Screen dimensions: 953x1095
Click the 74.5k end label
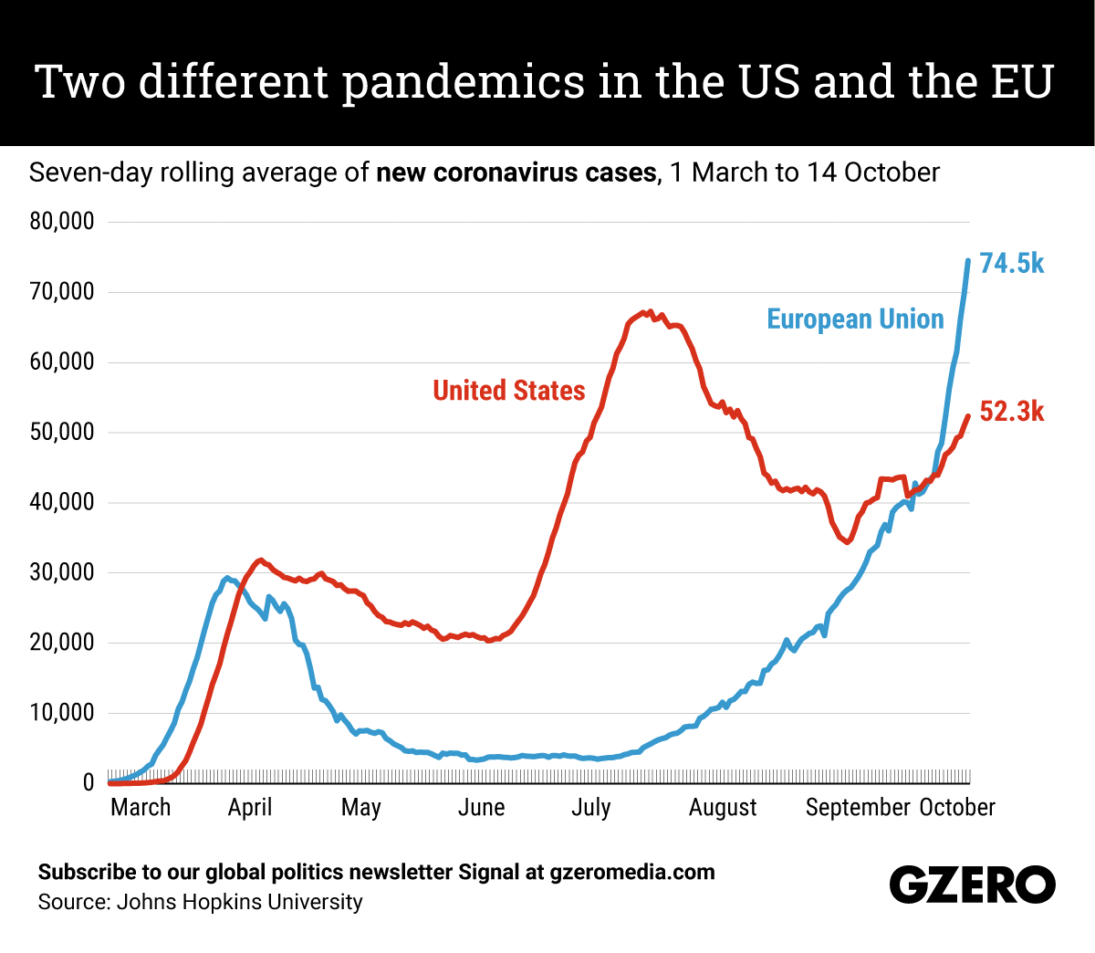tap(1011, 264)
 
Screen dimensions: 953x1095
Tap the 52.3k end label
tap(1011, 412)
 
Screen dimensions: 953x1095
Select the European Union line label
tap(855, 319)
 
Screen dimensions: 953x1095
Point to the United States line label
tap(508, 391)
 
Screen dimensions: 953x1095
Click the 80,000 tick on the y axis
tap(62, 222)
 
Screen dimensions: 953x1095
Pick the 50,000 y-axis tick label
tap(62, 432)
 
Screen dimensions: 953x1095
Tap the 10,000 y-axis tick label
tap(62, 713)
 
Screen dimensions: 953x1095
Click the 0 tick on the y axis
tap(89, 782)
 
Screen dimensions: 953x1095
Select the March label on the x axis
tap(141, 808)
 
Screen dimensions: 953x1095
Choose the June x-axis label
tap(481, 808)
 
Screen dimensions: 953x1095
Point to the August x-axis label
tap(723, 808)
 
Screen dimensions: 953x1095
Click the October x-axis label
tap(957, 808)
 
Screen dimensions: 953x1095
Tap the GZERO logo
tap(972, 885)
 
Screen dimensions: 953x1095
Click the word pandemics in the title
tap(463, 82)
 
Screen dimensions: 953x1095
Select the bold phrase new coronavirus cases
tap(516, 173)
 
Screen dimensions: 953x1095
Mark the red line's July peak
tap(649, 312)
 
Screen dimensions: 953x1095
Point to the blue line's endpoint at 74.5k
tap(968, 261)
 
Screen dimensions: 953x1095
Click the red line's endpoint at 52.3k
tap(968, 416)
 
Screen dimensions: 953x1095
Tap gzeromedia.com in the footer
tap(631, 873)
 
